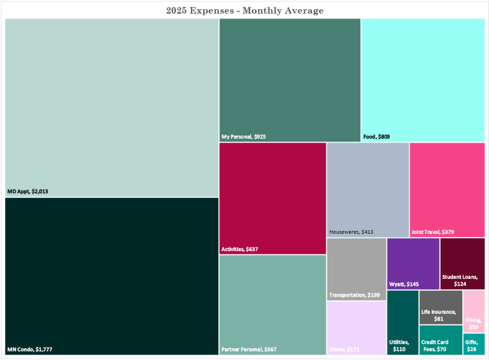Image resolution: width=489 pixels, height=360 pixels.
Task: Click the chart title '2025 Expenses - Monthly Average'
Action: [244, 10]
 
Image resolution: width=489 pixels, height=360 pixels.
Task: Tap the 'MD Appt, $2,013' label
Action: [32, 191]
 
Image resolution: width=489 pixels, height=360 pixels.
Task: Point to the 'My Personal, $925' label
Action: [243, 137]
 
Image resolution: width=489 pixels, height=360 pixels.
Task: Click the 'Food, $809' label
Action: [376, 137]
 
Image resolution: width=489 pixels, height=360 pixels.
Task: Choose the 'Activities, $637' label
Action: [240, 249]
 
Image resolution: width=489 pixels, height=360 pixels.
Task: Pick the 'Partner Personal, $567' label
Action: [249, 349]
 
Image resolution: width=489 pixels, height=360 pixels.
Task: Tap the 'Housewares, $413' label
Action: [351, 232]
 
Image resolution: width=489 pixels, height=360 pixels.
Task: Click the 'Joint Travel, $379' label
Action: [433, 232]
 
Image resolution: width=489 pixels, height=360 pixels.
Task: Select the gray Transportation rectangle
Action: [357, 264]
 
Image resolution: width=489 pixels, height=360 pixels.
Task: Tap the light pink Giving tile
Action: [474, 308]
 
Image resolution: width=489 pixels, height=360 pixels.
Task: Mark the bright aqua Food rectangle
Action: [423, 76]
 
